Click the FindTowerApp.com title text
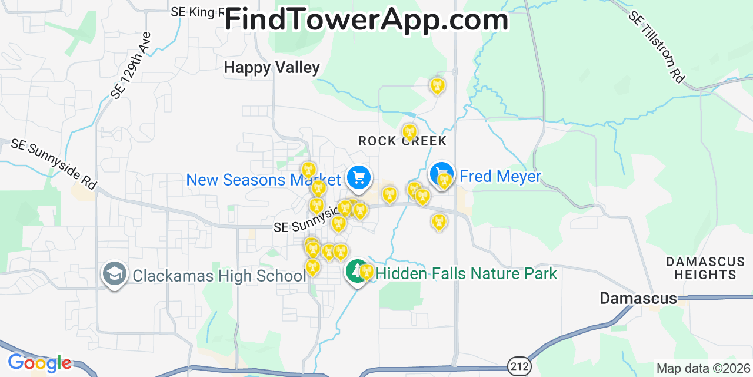366,19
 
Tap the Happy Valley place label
271,68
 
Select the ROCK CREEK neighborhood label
402,141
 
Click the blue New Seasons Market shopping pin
358,177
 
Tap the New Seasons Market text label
263,180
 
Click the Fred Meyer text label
500,176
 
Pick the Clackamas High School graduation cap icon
114,274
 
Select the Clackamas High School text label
219,276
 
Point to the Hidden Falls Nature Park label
466,273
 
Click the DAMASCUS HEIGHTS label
705,268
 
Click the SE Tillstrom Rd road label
657,47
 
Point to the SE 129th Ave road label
131,65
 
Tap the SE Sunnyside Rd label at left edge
53,164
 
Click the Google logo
39,363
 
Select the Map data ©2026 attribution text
703,369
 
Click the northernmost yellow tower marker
437,85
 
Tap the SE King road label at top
195,12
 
